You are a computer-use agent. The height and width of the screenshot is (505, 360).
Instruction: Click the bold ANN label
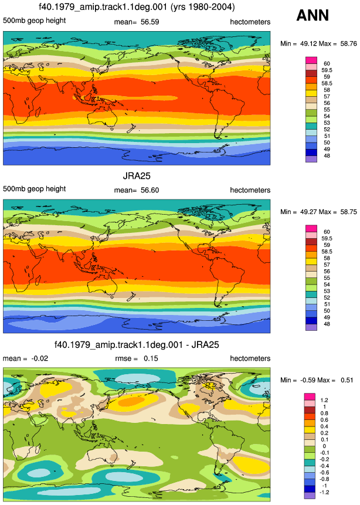pyautogui.click(x=313, y=15)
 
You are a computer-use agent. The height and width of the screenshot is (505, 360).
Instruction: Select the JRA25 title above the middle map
pyautogui.click(x=137, y=176)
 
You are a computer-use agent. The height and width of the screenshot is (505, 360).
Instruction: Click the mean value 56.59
pyautogui.click(x=150, y=22)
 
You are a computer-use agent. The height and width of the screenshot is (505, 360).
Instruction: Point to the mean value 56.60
pyautogui.click(x=150, y=190)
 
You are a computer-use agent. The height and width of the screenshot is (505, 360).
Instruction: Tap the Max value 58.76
pyautogui.click(x=348, y=43)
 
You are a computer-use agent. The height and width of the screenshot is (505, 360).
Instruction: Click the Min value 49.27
pyautogui.click(x=308, y=212)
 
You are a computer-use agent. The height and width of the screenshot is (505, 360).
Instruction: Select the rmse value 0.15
pyautogui.click(x=151, y=358)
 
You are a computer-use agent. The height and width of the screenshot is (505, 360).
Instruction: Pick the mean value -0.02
pyautogui.click(x=40, y=358)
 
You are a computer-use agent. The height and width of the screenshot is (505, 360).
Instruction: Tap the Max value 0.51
pyautogui.click(x=347, y=380)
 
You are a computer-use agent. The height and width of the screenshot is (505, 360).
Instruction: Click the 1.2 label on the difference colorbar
pyautogui.click(x=324, y=401)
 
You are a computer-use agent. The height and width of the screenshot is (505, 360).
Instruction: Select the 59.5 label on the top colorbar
pyautogui.click(x=327, y=70)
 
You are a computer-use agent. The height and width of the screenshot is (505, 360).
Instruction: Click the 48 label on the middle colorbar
pyautogui.click(x=327, y=324)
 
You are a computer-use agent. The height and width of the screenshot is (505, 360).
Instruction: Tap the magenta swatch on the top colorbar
pyautogui.click(x=311, y=60)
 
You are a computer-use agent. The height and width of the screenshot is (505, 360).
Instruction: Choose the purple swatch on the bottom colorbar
pyautogui.click(x=310, y=496)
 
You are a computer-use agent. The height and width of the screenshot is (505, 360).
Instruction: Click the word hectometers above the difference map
pyautogui.click(x=250, y=358)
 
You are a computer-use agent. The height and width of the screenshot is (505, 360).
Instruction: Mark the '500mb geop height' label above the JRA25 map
pyautogui.click(x=34, y=189)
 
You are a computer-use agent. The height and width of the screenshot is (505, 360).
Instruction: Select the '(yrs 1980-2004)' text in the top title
pyautogui.click(x=203, y=7)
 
